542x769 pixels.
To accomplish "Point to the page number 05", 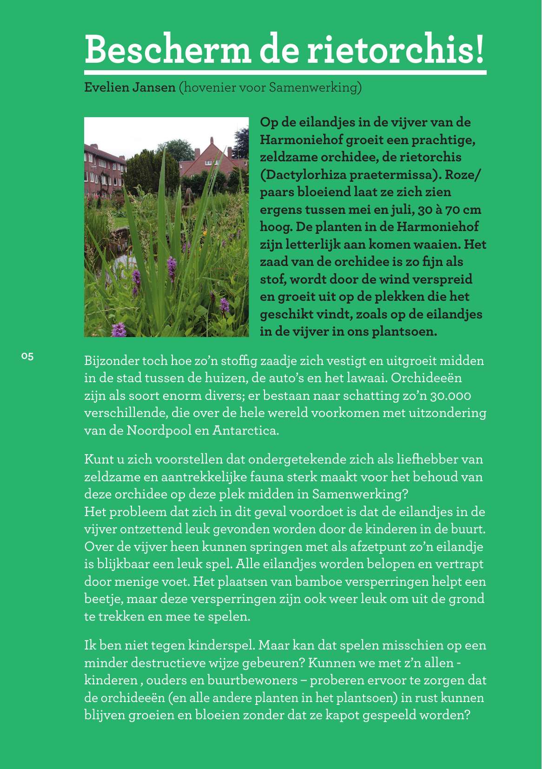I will coord(27,357).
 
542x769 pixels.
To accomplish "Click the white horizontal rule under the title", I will coord(285,73).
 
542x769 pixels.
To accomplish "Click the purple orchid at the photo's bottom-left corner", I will coord(119,329).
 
